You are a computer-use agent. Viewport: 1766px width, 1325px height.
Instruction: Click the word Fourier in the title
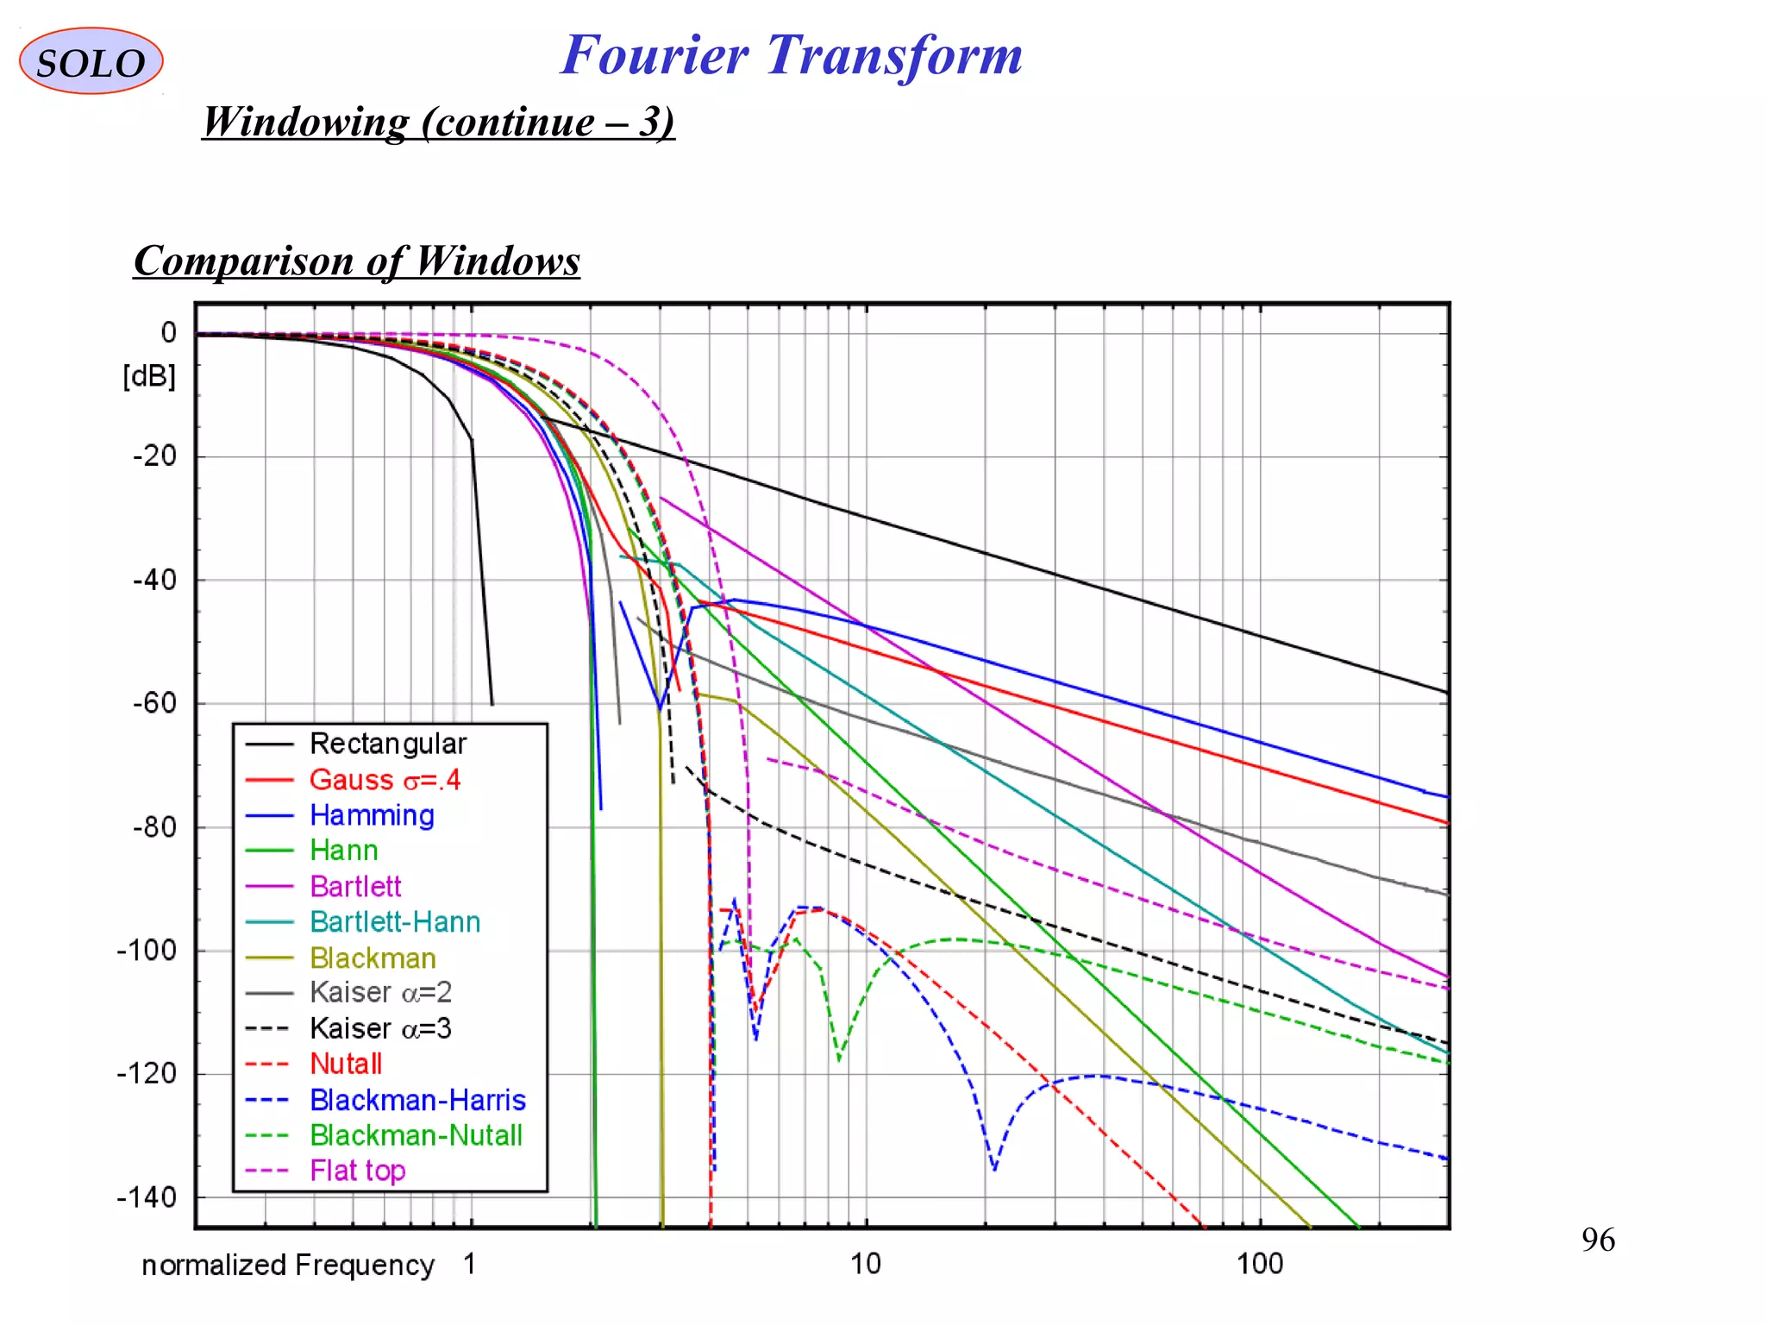[x=654, y=55]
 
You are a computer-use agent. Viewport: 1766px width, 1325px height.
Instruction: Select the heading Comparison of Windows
[x=357, y=261]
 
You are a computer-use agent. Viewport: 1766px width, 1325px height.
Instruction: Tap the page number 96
[x=1598, y=1240]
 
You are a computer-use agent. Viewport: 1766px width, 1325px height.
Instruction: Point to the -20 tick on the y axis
[x=155, y=456]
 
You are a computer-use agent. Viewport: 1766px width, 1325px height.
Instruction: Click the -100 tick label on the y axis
[x=147, y=951]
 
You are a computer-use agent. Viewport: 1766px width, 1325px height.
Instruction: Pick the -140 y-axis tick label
[x=147, y=1197]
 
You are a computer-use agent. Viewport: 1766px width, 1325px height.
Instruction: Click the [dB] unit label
[x=149, y=376]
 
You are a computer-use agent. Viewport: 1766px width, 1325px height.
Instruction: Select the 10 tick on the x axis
[x=866, y=1264]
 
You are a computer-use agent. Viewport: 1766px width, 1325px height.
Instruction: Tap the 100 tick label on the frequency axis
[x=1260, y=1264]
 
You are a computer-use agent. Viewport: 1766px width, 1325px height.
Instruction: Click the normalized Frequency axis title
[x=288, y=1265]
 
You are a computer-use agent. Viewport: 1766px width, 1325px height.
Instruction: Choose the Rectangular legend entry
[x=388, y=744]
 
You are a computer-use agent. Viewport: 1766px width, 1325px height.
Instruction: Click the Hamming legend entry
[x=372, y=815]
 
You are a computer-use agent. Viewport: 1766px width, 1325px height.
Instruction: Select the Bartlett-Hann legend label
[x=395, y=922]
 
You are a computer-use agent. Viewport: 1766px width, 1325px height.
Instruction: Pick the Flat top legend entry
[x=357, y=1171]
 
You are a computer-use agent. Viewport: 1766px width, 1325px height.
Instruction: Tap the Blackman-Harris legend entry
[x=417, y=1100]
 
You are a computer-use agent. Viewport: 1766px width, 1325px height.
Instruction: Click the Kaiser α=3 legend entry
[x=380, y=1028]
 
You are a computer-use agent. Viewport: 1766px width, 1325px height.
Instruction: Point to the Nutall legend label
[x=346, y=1064]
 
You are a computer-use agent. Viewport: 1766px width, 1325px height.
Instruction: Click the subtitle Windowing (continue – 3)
[x=438, y=122]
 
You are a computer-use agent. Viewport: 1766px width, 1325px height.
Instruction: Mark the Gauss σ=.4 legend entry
[x=385, y=780]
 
